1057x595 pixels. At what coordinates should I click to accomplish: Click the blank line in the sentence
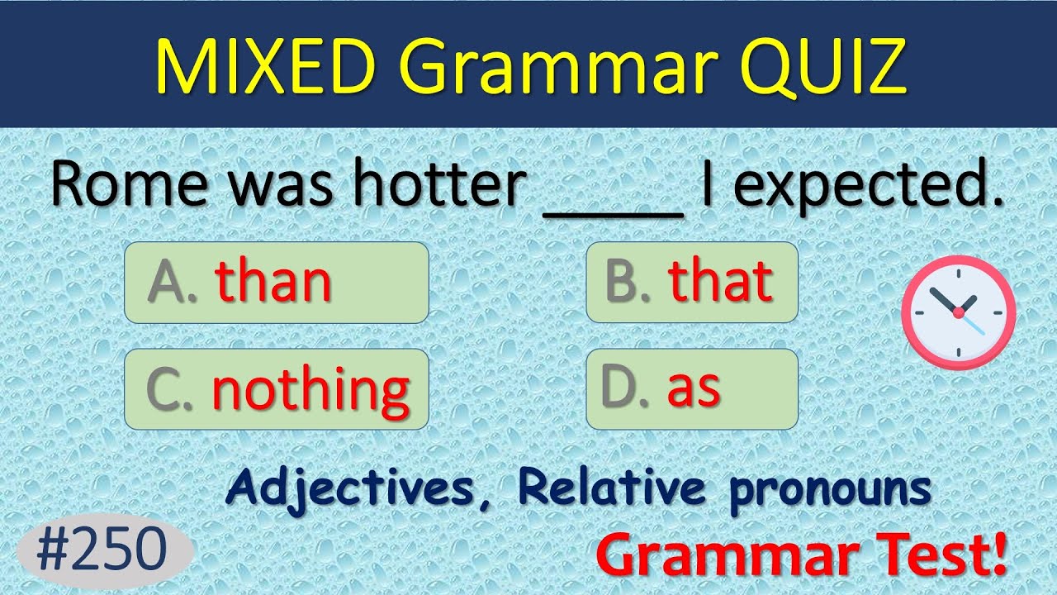click(x=614, y=213)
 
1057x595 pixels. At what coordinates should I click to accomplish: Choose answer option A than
click(x=276, y=282)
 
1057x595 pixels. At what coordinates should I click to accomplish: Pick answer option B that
click(x=691, y=282)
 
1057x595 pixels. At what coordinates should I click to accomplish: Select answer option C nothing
click(x=276, y=388)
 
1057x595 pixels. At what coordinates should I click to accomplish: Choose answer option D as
click(x=691, y=388)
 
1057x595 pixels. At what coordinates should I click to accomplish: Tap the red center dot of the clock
click(x=958, y=312)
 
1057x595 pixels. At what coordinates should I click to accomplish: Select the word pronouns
click(x=830, y=489)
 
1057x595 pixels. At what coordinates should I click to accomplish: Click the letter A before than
click(x=168, y=282)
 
